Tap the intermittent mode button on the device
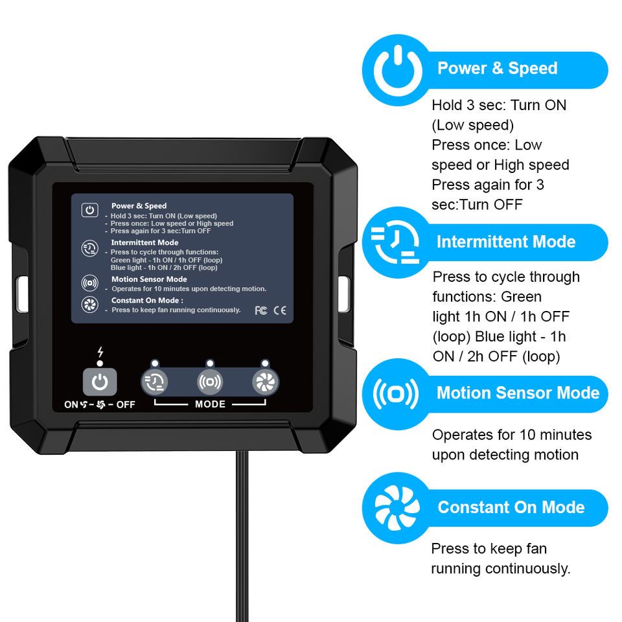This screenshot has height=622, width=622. point(154,382)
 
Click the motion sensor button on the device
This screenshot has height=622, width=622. point(210,382)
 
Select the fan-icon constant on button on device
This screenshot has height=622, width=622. point(266,382)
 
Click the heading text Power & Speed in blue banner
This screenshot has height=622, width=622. point(497,69)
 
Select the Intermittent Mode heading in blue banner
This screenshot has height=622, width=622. point(506,242)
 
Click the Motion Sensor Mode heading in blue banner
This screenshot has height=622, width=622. point(518,393)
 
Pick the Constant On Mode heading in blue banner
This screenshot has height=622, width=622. point(511,507)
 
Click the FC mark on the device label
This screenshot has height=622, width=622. point(261,310)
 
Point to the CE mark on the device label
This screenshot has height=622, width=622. point(280,310)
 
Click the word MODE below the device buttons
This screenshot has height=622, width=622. point(210,404)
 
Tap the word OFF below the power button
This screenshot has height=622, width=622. point(126,405)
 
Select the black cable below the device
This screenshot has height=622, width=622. point(242,538)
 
